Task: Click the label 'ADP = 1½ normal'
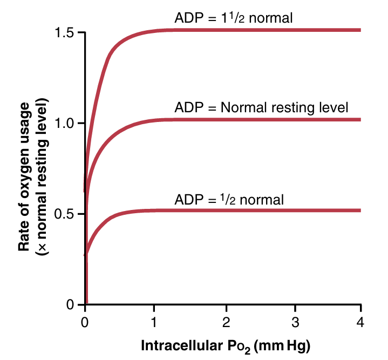click(x=234, y=18)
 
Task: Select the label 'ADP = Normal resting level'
click(x=261, y=107)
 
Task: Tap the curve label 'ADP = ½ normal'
click(x=229, y=199)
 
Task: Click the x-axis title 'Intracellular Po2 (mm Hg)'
click(x=227, y=345)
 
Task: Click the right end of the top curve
click(x=359, y=30)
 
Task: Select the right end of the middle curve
click(x=359, y=119)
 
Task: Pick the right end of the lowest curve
click(x=359, y=210)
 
